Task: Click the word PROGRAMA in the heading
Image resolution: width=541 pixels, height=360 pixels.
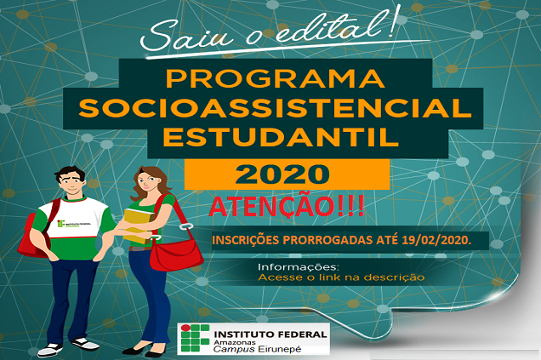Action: point(275,78)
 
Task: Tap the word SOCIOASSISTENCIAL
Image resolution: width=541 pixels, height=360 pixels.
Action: point(275,108)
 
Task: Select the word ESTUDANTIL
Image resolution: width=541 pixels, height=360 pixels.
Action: point(281,137)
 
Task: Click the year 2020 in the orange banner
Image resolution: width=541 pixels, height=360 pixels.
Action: point(282,174)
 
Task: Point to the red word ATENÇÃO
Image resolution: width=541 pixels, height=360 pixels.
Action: point(272,207)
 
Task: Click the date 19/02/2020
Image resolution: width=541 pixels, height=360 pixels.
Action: point(436,240)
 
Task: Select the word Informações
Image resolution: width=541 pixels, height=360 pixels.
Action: point(299,266)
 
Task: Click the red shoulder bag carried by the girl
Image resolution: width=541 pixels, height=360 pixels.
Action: point(176,254)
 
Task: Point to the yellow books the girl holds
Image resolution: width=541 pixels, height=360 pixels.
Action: point(139,226)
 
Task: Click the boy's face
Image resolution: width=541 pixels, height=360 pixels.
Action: point(72,184)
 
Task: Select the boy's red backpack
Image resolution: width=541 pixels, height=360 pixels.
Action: point(34,235)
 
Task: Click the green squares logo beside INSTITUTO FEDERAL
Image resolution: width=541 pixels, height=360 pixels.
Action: point(195,338)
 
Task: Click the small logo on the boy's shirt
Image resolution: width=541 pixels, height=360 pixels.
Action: point(74,224)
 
